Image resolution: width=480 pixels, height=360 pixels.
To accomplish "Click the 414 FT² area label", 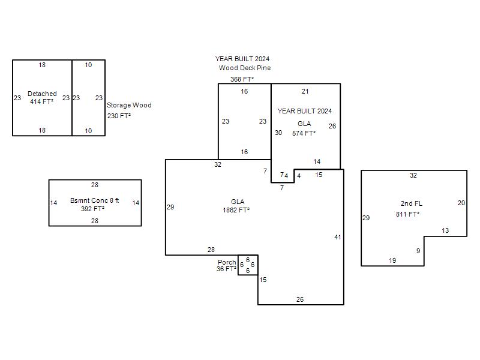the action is (x=41, y=101).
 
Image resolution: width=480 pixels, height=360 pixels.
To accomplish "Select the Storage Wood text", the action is (x=129, y=105).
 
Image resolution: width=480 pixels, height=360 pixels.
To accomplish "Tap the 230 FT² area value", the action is (x=119, y=116).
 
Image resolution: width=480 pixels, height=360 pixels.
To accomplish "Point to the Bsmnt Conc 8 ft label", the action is (x=95, y=200).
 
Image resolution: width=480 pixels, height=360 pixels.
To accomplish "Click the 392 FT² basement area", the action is (x=93, y=209).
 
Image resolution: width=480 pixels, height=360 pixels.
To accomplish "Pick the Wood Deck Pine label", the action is (x=245, y=68).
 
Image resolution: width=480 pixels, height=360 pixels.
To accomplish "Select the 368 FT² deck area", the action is (x=242, y=79).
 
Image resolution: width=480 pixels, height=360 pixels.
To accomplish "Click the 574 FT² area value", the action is (x=304, y=133).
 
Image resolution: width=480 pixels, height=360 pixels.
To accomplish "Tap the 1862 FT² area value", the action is (x=236, y=210).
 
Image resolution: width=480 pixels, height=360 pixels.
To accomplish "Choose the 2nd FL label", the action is (x=412, y=203).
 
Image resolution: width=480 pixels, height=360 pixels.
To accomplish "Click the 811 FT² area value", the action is (x=408, y=214).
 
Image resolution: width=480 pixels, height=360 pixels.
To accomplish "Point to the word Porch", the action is (x=227, y=262).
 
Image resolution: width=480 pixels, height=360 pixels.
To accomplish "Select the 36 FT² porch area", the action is (x=227, y=269).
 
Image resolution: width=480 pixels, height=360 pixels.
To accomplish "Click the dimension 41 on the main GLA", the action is (x=338, y=237).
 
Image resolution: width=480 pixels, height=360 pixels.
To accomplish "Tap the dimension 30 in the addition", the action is (x=278, y=133).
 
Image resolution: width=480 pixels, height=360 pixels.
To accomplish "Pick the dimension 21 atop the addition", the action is (x=305, y=91).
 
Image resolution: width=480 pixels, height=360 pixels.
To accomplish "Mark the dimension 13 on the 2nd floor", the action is (x=445, y=230).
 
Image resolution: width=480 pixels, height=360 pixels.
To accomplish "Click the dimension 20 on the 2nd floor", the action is (x=461, y=203).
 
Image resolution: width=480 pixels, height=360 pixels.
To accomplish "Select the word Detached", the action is (x=42, y=94).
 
